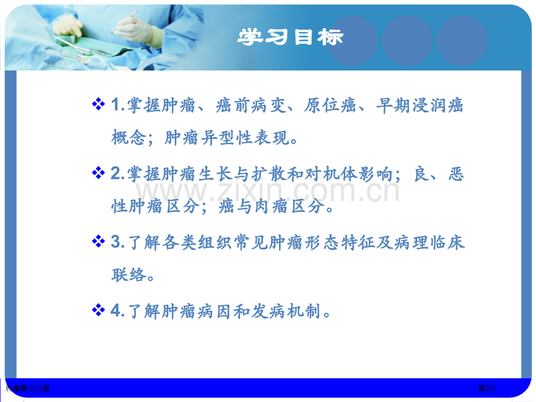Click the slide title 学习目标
click(x=290, y=37)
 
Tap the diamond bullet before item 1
click(x=98, y=105)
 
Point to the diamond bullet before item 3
click(x=98, y=242)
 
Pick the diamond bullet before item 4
click(x=98, y=311)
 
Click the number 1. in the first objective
click(x=118, y=105)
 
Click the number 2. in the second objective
click(x=118, y=174)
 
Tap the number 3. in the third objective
click(x=118, y=242)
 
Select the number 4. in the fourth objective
click(x=118, y=311)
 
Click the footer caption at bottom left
click(x=27, y=388)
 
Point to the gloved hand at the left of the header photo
click(x=69, y=26)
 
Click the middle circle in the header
click(x=407, y=40)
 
